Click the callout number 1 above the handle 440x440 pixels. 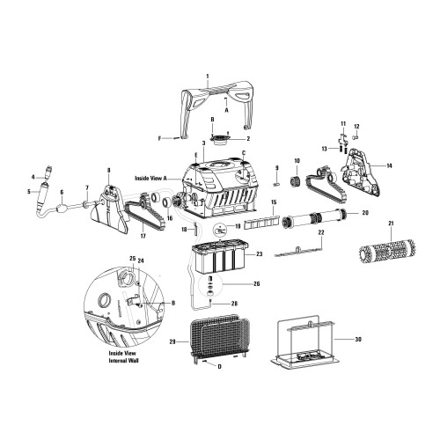coord(207,77)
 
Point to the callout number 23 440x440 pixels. coord(260,254)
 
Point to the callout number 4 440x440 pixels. coord(31,177)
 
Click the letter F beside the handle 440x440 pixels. coord(161,138)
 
